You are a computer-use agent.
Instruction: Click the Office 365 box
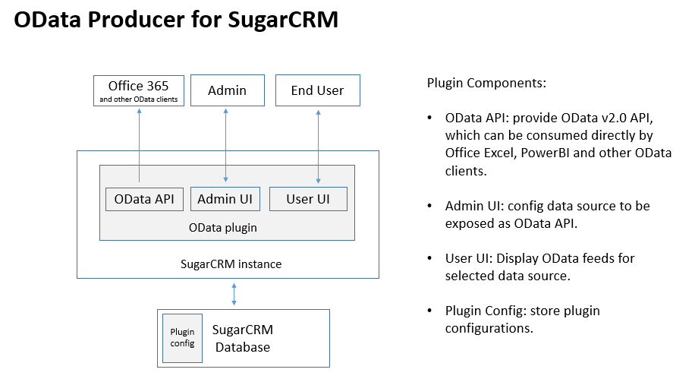[x=139, y=90]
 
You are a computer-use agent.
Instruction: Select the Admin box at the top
[x=228, y=90]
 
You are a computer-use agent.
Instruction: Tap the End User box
[x=318, y=90]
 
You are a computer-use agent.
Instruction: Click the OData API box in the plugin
[x=144, y=199]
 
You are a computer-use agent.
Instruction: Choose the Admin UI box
[x=225, y=199]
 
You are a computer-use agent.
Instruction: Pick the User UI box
[x=309, y=199]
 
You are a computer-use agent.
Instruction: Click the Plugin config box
[x=183, y=338]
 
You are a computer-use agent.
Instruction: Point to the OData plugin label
[x=223, y=228]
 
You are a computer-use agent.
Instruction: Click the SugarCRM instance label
[x=231, y=264]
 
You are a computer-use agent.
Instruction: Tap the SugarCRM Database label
[x=243, y=338]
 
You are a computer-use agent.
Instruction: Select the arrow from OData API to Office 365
[x=139, y=145]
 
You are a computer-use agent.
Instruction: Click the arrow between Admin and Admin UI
[x=225, y=145]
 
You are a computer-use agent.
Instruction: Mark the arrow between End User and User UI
[x=318, y=147]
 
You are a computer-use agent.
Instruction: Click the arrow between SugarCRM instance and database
[x=234, y=294]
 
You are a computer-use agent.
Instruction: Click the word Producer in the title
[x=136, y=20]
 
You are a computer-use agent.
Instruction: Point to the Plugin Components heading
[x=486, y=83]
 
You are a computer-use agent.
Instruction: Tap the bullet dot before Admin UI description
[x=429, y=206]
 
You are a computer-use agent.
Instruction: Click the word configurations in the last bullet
[x=489, y=328]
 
